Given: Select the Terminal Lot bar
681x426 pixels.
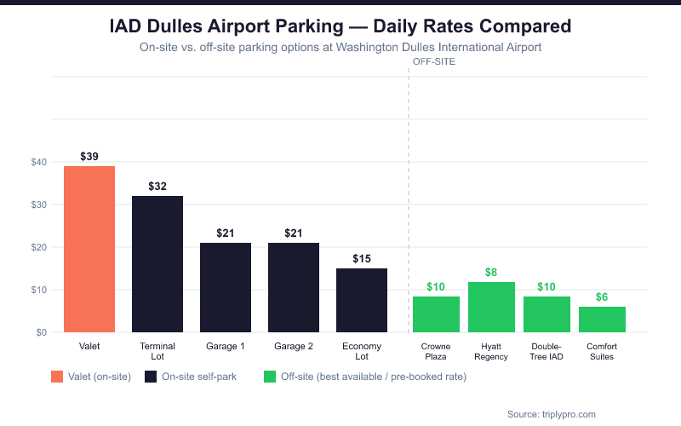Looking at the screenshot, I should click(x=157, y=264).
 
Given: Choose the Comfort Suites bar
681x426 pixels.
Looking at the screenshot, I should click(x=602, y=319).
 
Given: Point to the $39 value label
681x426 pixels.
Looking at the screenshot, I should click(x=89, y=156).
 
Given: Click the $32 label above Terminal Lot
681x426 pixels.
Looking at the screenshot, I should click(x=157, y=186).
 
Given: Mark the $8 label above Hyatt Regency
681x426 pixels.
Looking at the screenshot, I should click(x=491, y=272).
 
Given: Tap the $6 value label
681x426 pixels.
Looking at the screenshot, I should click(x=602, y=296).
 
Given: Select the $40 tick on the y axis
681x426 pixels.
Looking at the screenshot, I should click(x=38, y=162).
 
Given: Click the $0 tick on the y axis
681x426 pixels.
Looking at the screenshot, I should click(x=41, y=332).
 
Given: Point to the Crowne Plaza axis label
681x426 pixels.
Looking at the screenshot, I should click(x=436, y=351).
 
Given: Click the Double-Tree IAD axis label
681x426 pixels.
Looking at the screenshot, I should click(x=547, y=351).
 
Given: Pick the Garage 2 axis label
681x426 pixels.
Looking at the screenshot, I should click(x=294, y=347).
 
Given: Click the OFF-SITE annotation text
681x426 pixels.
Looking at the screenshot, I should click(x=434, y=61).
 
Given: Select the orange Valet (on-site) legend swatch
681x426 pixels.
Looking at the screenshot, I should click(x=57, y=377).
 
